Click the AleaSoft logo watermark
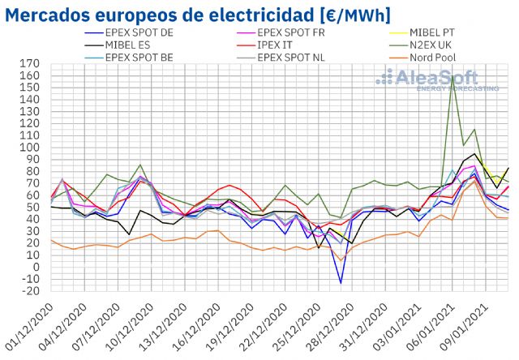click(438, 79)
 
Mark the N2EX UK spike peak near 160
click(453, 77)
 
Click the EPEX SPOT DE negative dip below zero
click(341, 283)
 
